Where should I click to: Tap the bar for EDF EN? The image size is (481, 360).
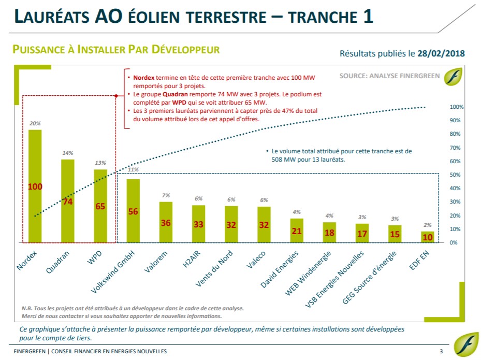click(428, 237)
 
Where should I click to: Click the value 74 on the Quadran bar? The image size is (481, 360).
click(68, 202)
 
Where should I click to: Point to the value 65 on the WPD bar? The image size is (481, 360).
click(100, 206)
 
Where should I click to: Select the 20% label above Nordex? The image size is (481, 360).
click(35, 124)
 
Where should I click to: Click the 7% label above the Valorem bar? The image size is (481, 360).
click(166, 195)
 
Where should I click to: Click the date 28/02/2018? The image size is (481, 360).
click(441, 53)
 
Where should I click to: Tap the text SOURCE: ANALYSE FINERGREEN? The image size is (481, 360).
click(389, 76)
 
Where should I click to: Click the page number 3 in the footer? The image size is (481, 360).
click(441, 351)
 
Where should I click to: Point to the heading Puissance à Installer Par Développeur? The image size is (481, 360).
click(116, 50)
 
